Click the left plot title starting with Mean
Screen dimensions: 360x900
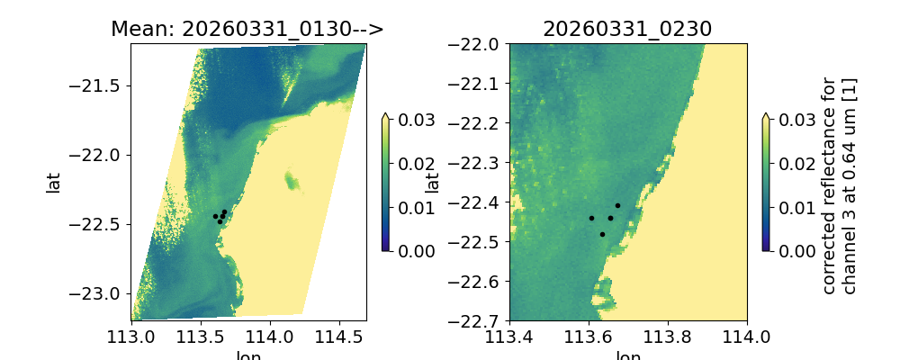click(247, 29)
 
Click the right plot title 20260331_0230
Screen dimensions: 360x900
click(627, 29)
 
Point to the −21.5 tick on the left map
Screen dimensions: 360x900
click(99, 85)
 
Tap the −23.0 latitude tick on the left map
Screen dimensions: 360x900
click(99, 293)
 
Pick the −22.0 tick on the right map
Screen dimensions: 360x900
click(478, 44)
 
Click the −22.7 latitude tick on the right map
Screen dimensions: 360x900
click(478, 320)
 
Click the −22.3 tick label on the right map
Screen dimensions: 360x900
click(478, 163)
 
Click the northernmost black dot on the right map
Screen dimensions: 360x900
click(617, 205)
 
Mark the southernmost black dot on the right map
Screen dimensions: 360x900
click(602, 234)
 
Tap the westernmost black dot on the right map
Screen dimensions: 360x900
click(591, 218)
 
